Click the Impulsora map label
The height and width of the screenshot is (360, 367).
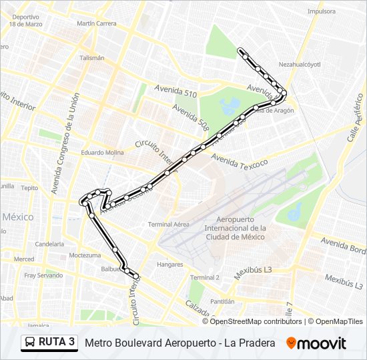(x=322, y=11)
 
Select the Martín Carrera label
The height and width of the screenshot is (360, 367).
(x=96, y=23)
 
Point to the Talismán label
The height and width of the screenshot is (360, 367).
(x=92, y=58)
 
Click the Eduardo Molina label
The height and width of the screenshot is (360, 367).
(x=103, y=153)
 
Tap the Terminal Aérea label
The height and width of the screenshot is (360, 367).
(x=168, y=224)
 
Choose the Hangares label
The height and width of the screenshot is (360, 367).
(x=169, y=265)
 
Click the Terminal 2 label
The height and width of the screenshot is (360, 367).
(x=205, y=277)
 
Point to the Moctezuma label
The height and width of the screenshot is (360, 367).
(x=84, y=255)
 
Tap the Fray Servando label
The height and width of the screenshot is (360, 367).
(x=44, y=275)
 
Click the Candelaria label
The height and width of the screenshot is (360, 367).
(x=49, y=244)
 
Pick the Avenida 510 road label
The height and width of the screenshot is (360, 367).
(x=175, y=91)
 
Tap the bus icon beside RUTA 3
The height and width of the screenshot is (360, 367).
(x=30, y=343)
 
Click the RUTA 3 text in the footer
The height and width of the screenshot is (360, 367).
(x=57, y=343)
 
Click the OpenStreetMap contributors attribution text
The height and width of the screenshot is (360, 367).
(x=256, y=321)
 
